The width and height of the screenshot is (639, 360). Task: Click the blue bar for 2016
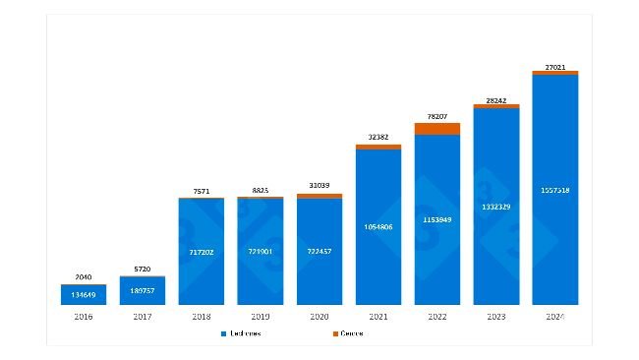click(83, 294)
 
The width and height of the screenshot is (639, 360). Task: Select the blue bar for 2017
click(143, 290)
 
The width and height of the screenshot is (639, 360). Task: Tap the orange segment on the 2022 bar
click(437, 128)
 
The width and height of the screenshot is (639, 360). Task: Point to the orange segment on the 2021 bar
click(378, 147)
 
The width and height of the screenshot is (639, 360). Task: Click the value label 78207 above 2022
click(437, 115)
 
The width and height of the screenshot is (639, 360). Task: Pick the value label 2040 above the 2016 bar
click(83, 277)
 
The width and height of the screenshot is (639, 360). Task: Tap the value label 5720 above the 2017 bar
click(143, 269)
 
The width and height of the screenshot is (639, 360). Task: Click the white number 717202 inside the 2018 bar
click(202, 253)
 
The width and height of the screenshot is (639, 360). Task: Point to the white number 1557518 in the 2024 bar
click(555, 189)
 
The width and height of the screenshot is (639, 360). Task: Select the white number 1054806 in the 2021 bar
click(378, 226)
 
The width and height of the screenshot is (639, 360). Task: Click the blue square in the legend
click(224, 333)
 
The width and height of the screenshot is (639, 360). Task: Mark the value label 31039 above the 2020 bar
click(319, 187)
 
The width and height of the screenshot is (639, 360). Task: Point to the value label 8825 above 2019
click(261, 190)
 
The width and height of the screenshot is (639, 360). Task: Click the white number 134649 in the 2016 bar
click(83, 294)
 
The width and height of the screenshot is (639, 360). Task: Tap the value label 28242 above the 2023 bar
click(496, 98)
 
